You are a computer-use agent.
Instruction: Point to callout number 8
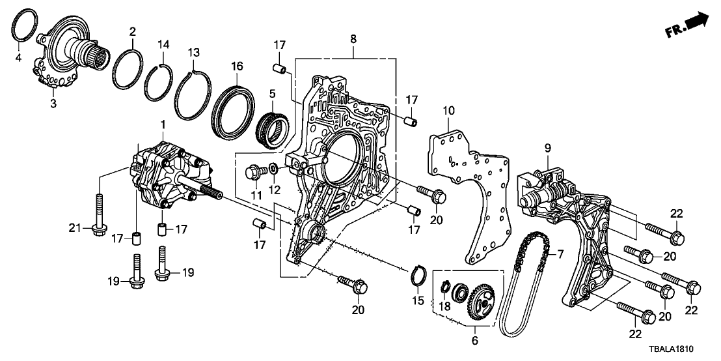pyautogui.click(x=353, y=40)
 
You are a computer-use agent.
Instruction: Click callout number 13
pyautogui.click(x=193, y=51)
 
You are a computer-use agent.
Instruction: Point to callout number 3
pyautogui.click(x=53, y=103)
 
